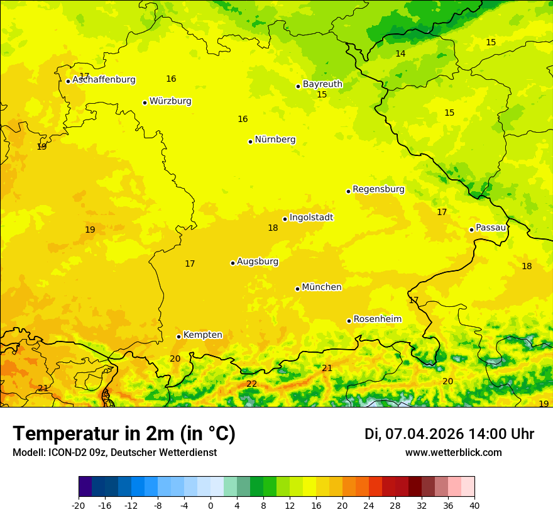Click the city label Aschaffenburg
[x=104, y=80]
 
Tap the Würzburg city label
[x=170, y=101]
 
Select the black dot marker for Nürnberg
[x=250, y=142]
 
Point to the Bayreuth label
[x=322, y=84]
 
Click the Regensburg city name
[x=378, y=189]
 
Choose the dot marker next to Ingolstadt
[x=285, y=219]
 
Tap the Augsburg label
[x=258, y=262]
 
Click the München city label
[x=322, y=287]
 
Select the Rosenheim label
[x=377, y=319]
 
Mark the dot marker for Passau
[x=471, y=230]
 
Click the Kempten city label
[x=202, y=335]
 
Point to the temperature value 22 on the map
[x=251, y=384]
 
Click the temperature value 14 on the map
[x=400, y=53]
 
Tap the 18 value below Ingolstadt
[x=273, y=228]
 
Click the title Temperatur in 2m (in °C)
[x=124, y=433]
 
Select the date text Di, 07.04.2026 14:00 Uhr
[x=449, y=434]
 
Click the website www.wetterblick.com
[x=453, y=452]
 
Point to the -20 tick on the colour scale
[x=79, y=505]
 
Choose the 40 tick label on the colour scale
[x=474, y=505]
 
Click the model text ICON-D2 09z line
[x=114, y=452]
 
